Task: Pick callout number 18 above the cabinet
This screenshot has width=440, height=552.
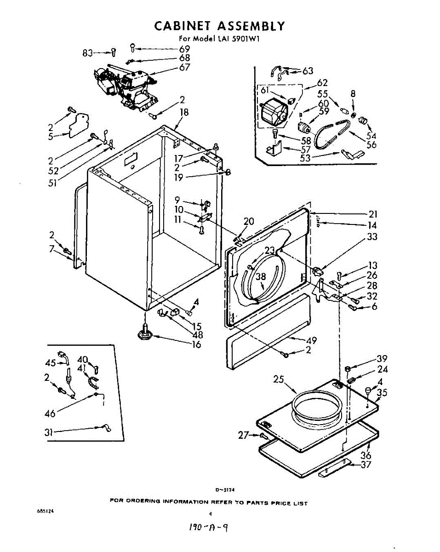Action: tap(184, 112)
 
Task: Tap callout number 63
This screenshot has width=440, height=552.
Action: tap(308, 71)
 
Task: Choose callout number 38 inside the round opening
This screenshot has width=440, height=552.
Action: tap(261, 276)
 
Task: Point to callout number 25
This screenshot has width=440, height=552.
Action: tap(278, 379)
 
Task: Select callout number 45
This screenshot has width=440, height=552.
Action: tap(51, 363)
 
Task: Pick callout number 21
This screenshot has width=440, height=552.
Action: tap(373, 214)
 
